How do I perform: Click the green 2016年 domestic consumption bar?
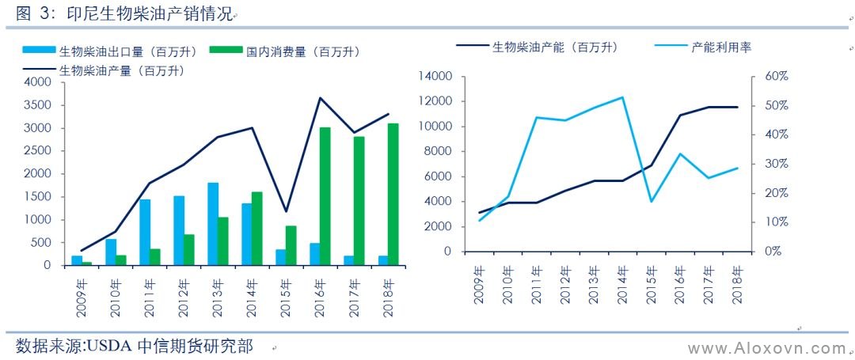click(x=325, y=196)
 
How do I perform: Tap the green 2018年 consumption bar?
click(x=393, y=194)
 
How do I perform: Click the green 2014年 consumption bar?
click(x=256, y=228)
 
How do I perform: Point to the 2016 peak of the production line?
click(x=320, y=98)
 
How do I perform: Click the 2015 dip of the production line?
click(x=286, y=211)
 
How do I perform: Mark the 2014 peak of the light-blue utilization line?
click(x=621, y=97)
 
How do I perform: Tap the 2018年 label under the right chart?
click(x=739, y=283)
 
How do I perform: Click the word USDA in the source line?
click(x=110, y=347)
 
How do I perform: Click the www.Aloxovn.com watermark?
click(x=766, y=348)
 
